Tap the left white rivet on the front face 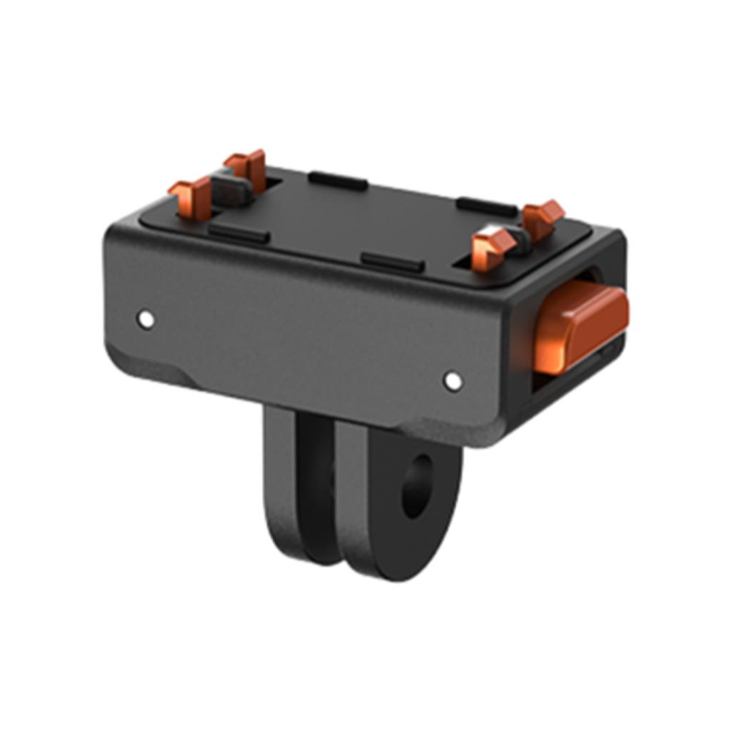tap(146, 318)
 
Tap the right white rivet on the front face tap(453, 380)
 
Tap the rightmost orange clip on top tap(543, 217)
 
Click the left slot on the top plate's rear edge tap(338, 181)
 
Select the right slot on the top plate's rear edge tap(487, 206)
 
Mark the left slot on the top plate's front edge tap(238, 233)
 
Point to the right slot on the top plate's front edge tap(392, 261)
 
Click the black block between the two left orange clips tap(230, 190)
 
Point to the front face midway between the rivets tap(300, 350)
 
